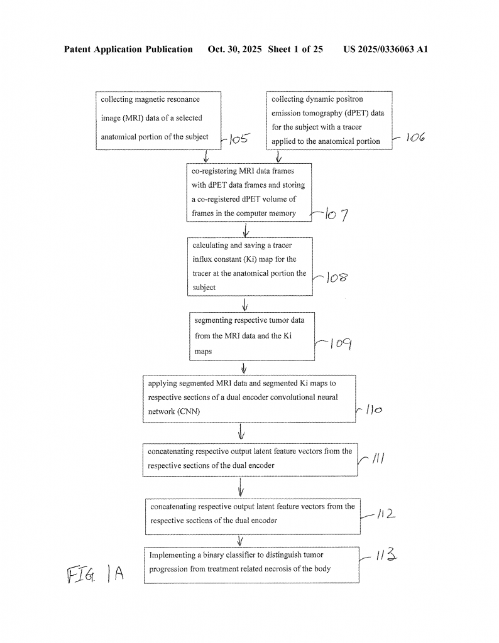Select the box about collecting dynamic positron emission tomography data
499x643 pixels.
pos(329,121)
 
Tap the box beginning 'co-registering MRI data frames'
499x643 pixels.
pos(249,193)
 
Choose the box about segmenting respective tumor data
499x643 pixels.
pos(252,336)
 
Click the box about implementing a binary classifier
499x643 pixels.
pos(251,565)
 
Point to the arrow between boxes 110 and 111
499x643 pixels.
pos(241,433)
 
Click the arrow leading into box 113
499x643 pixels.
pos(239,541)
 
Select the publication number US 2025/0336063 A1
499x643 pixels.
pos(385,49)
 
